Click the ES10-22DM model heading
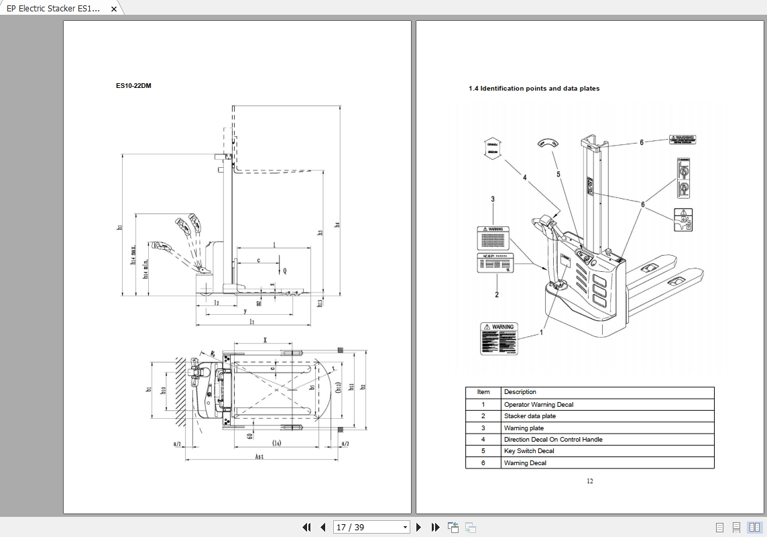[x=133, y=86]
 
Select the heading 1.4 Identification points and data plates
[x=534, y=89]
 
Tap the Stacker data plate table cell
[x=530, y=416]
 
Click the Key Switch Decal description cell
[x=529, y=451]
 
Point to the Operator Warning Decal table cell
[x=538, y=405]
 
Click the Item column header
[x=483, y=392]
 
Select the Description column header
[x=520, y=392]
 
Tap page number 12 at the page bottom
[x=590, y=481]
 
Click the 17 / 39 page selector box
[x=371, y=527]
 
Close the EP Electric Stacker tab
[x=114, y=9]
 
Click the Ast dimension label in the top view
[x=259, y=456]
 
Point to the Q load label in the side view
[x=284, y=271]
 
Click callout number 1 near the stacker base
[x=542, y=332]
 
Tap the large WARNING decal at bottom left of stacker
[x=499, y=338]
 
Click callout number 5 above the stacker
[x=558, y=175]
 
